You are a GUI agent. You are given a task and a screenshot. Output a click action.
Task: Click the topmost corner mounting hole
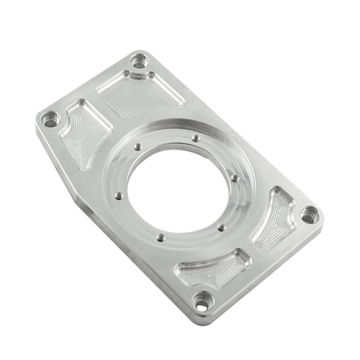point(142,60)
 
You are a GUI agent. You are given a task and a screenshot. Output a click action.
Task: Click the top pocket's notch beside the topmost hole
point(132,75)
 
